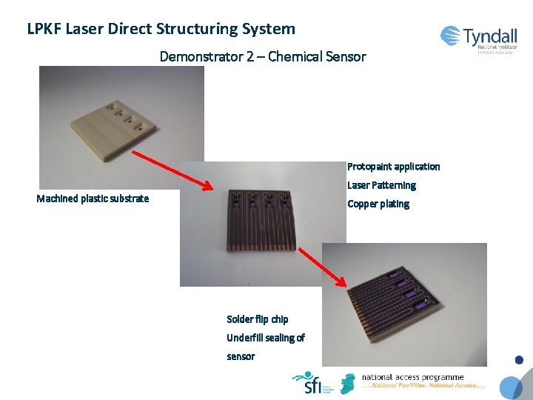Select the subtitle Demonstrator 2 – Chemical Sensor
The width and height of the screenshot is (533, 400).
[263, 56]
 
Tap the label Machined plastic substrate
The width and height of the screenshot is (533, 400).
[93, 199]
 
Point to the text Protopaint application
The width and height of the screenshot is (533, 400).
[393, 167]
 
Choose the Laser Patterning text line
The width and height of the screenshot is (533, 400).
[381, 185]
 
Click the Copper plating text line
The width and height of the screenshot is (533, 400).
[378, 204]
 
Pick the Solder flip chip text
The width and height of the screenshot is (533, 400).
[257, 319]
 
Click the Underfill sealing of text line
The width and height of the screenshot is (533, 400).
[265, 338]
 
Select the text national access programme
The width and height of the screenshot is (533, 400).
[412, 377]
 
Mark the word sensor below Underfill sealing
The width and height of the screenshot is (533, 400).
[241, 356]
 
